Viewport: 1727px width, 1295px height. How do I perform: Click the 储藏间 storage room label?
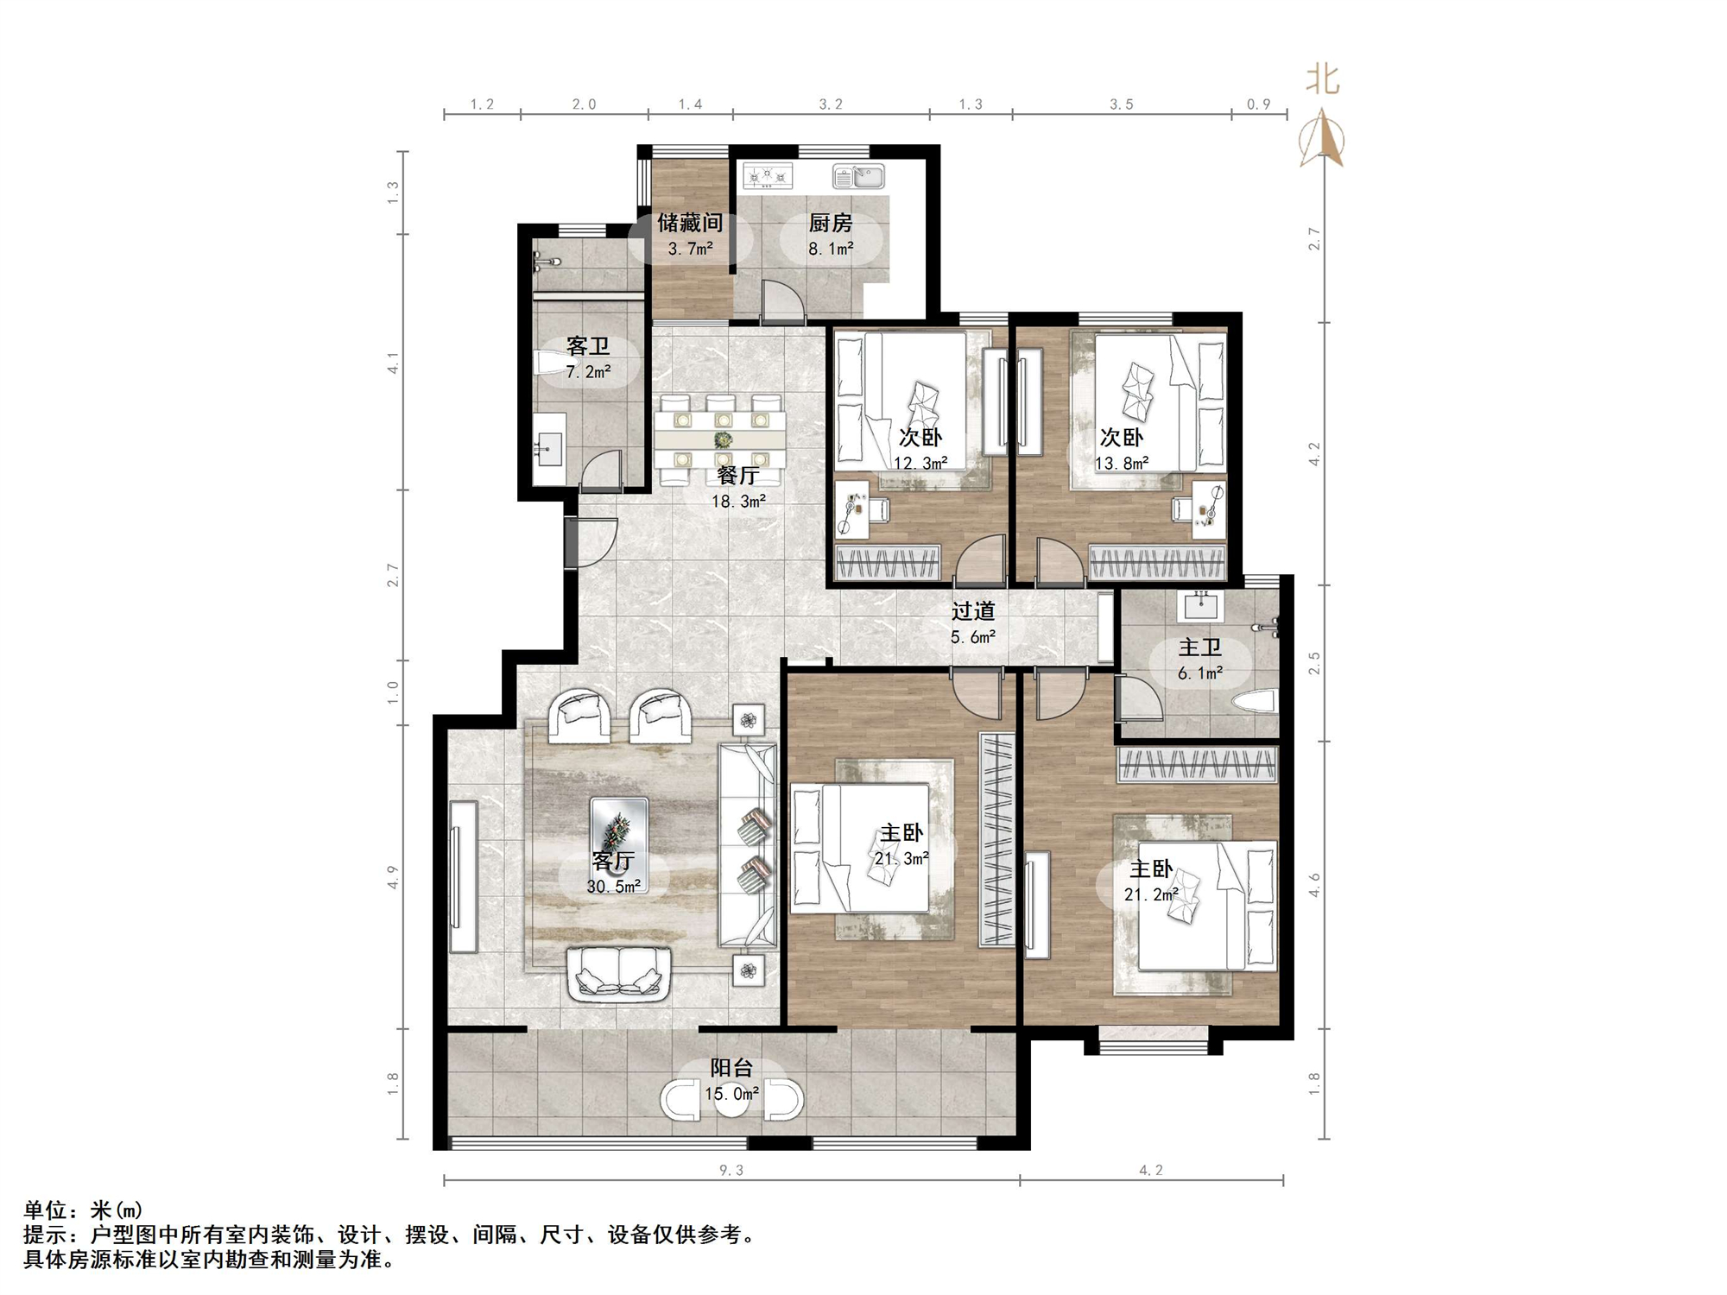(x=689, y=224)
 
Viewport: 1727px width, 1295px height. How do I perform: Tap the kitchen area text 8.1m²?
(x=831, y=250)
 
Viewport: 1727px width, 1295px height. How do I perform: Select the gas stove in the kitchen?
(x=768, y=177)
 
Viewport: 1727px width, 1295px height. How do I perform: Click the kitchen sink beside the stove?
(x=858, y=177)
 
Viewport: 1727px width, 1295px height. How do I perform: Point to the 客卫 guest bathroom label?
(x=588, y=347)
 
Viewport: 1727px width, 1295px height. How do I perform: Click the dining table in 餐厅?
(x=721, y=441)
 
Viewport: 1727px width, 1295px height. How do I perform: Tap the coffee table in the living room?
(x=618, y=829)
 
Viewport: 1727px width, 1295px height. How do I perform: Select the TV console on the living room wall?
(x=464, y=876)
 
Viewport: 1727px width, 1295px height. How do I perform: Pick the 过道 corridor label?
(x=973, y=611)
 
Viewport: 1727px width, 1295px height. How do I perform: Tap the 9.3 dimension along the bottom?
(x=731, y=1171)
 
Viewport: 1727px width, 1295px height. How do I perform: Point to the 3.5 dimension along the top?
(x=1121, y=104)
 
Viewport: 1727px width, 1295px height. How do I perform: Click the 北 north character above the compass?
(x=1322, y=79)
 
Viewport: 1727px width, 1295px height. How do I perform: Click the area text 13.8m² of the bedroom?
(x=1122, y=464)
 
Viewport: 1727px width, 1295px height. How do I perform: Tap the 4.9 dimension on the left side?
(x=393, y=876)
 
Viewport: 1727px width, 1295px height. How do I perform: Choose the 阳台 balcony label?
(x=731, y=1068)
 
